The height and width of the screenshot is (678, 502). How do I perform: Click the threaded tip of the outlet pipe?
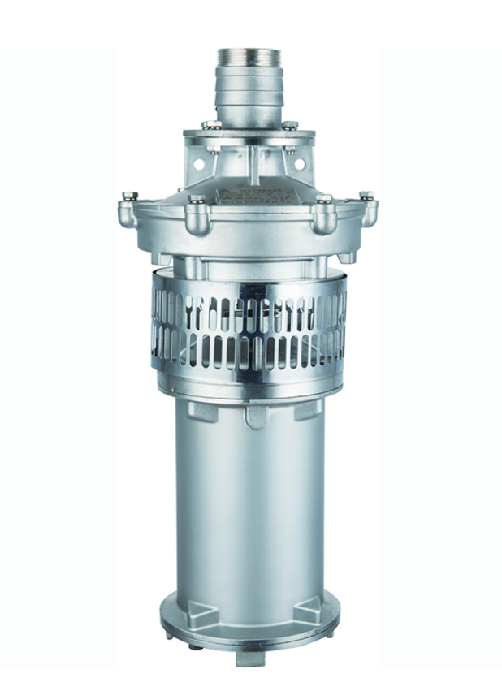(249, 59)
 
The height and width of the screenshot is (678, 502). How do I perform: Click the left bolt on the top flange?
(210, 124)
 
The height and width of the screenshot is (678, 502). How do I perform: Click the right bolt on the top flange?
(288, 124)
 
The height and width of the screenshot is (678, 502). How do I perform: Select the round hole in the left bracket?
(197, 162)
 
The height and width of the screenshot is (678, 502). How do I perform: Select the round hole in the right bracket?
(303, 162)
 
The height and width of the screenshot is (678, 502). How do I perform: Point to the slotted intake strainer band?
(249, 325)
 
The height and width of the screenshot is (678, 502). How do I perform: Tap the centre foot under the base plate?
(250, 659)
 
